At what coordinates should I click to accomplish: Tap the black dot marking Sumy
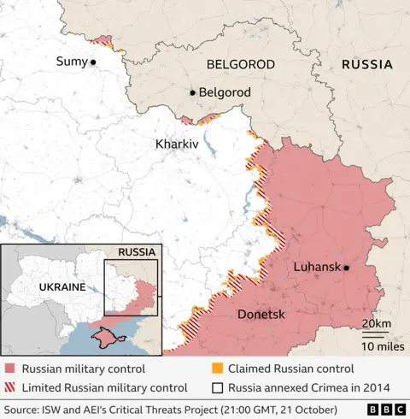click(x=93, y=62)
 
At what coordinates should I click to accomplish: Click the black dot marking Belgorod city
click(x=193, y=92)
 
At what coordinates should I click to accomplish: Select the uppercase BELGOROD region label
click(x=240, y=65)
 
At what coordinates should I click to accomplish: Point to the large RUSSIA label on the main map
click(x=366, y=65)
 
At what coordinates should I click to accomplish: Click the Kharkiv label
click(x=177, y=145)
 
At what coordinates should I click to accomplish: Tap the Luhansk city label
click(x=318, y=267)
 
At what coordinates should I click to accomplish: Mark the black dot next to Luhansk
click(x=348, y=268)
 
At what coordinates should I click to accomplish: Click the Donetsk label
click(x=261, y=315)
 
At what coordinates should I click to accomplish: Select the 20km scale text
click(x=377, y=323)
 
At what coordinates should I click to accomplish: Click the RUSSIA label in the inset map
click(x=137, y=252)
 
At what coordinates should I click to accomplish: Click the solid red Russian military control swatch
click(x=9, y=369)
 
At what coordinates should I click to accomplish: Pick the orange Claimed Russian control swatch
click(x=217, y=369)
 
